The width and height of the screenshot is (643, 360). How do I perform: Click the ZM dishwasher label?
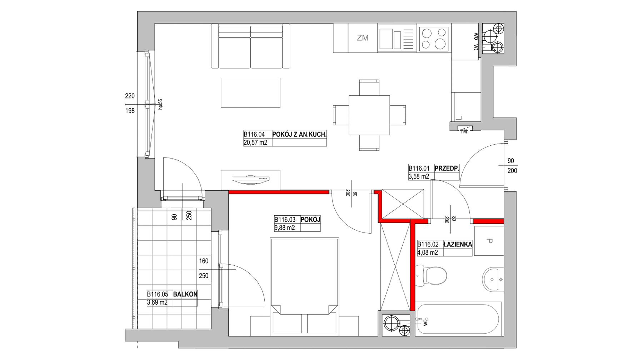[x=363, y=37]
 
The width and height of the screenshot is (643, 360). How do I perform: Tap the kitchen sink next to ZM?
[x=397, y=38]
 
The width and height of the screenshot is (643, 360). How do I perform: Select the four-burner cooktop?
[x=434, y=38]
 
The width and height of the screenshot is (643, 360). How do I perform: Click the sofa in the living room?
[x=250, y=46]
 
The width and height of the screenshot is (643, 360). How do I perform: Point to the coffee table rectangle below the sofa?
[x=250, y=92]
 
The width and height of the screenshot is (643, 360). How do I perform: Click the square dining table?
[x=369, y=115]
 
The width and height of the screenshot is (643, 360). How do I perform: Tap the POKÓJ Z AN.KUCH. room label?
[x=299, y=135]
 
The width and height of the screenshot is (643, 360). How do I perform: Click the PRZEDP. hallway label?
[x=447, y=168]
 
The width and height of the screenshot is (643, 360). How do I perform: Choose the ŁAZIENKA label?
[x=458, y=244]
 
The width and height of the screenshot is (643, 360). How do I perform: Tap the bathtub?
[x=459, y=319]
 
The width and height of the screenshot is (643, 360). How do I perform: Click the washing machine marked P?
[x=489, y=241]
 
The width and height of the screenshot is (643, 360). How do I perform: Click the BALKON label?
[x=185, y=294]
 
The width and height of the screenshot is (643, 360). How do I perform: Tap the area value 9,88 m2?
[x=285, y=227]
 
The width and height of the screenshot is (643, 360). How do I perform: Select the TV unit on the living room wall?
[x=250, y=180]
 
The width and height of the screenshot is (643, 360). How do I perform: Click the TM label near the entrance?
[x=464, y=131]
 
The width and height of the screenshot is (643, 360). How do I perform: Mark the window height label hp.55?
[x=160, y=104]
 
